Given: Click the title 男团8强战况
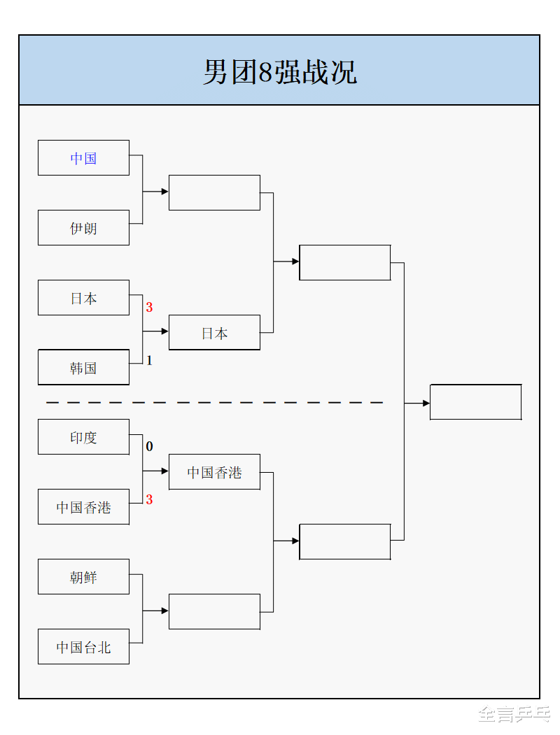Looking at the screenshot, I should [x=279, y=71].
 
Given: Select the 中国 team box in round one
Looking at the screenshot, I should [x=83, y=158].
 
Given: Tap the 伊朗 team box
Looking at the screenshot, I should [x=83, y=228].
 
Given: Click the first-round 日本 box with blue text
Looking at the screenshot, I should [x=83, y=298].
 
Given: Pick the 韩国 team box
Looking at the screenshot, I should [x=83, y=368].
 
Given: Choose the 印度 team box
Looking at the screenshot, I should [x=83, y=437].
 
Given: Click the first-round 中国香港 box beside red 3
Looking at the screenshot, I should [x=83, y=507].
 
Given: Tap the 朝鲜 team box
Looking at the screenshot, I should [x=83, y=577].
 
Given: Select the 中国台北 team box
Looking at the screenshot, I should [x=83, y=647].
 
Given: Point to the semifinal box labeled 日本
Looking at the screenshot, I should [x=214, y=333].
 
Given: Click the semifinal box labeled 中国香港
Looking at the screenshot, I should [x=214, y=472].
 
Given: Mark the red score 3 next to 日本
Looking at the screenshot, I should [x=149, y=307].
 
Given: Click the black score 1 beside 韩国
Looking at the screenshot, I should [x=149, y=361].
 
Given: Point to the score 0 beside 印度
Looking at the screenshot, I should [x=149, y=446].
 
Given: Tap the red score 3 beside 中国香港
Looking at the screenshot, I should [x=149, y=500].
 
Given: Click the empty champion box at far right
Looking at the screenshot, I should [x=475, y=402].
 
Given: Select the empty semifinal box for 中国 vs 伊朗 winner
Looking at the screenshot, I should [x=214, y=192].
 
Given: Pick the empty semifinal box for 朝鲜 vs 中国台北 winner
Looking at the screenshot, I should [x=214, y=612].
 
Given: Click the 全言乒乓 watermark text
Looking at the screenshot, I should [x=513, y=713].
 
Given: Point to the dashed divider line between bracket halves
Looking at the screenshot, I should [x=214, y=403].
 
